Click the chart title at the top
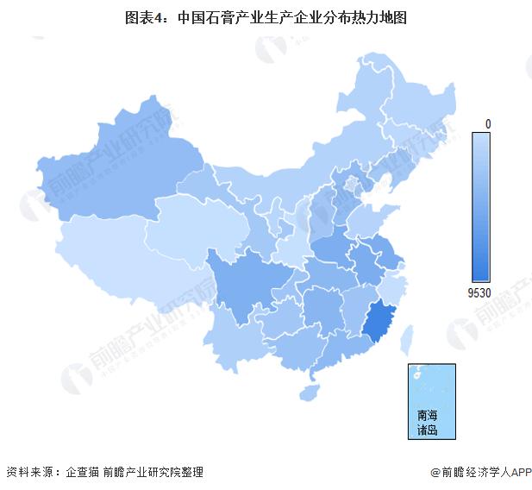pos(266,16)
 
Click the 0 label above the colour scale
pos(488,124)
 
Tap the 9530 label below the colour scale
pos(480,292)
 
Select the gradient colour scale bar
pos(480,207)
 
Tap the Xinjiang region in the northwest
pos(112,177)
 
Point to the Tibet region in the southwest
pos(112,259)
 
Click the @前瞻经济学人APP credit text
pos(479,472)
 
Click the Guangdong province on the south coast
pos(336,354)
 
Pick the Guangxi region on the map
pos(289,349)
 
